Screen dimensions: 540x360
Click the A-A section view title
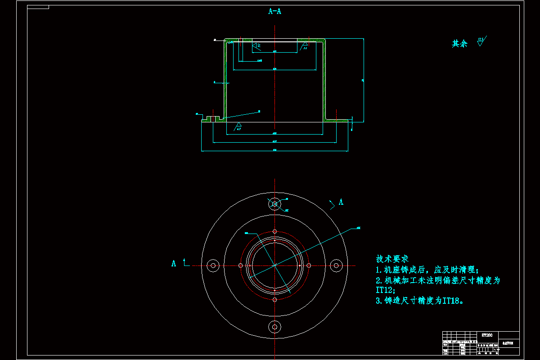pyautogui.click(x=274, y=12)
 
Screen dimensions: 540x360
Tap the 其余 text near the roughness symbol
pyautogui.click(x=459, y=44)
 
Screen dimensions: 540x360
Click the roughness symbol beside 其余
pyautogui.click(x=481, y=42)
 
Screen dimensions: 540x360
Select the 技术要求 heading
pyautogui.click(x=392, y=259)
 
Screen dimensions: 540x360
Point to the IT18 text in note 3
pyautogui.click(x=452, y=301)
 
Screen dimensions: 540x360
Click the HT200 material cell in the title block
pyautogui.click(x=487, y=335)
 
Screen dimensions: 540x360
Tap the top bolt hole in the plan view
pyautogui.click(x=274, y=204)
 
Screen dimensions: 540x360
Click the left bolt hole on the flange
pyautogui.click(x=213, y=265)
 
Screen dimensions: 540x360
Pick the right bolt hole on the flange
pyautogui.click(x=336, y=265)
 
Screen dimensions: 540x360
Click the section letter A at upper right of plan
pyautogui.click(x=341, y=202)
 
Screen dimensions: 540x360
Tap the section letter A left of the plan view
pyautogui.click(x=174, y=264)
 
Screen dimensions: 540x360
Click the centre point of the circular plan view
pyautogui.click(x=274, y=265)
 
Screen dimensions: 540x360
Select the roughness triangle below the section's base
pyautogui.click(x=238, y=126)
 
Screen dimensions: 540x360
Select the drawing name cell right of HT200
pyautogui.click(x=508, y=343)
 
